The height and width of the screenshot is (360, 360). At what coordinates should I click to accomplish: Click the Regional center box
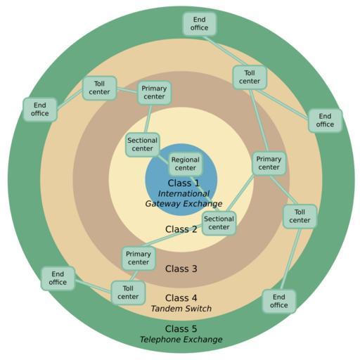point(186,164)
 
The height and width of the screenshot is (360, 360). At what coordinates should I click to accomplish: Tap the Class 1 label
point(184,183)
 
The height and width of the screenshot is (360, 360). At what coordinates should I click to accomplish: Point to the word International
point(184,193)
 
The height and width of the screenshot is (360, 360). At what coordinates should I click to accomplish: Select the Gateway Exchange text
point(184,203)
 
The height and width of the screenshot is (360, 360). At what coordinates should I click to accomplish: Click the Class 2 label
point(181,229)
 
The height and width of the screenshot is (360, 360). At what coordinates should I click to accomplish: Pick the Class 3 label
point(181,269)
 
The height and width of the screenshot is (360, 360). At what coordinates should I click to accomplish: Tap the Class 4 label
point(181,298)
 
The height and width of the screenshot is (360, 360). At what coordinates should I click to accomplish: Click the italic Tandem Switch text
point(181,309)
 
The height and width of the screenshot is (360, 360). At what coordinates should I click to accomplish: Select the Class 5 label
point(181,329)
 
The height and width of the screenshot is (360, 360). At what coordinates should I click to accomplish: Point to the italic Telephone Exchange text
point(181,340)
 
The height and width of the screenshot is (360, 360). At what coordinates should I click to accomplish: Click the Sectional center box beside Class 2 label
point(219,223)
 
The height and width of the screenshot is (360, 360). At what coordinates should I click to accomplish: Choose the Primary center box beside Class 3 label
point(139,258)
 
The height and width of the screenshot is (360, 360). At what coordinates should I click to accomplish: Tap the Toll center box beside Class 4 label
point(128,292)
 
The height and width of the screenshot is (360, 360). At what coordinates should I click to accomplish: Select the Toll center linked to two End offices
point(250,77)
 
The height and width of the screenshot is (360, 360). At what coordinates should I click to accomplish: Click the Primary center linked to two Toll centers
point(269,163)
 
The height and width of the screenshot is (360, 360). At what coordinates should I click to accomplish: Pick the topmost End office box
point(199,24)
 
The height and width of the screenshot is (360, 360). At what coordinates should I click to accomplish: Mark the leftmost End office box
point(40,110)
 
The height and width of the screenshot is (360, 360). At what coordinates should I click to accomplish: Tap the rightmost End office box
point(325,120)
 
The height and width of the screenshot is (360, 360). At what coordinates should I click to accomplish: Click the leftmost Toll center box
point(99,88)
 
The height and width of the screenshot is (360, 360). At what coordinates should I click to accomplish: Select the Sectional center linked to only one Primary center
point(142,145)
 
